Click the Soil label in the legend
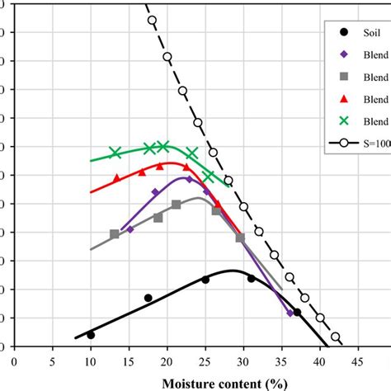point(370,33)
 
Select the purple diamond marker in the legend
point(343,54)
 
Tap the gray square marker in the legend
point(343,76)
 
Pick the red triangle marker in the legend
point(343,98)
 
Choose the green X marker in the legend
point(343,120)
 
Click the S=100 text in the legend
point(375,142)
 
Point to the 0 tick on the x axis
point(14,360)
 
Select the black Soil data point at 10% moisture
point(91,335)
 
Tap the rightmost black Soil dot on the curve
point(297,313)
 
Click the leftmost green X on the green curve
point(115,153)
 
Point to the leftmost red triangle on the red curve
point(116,177)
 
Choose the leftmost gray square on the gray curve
point(115,234)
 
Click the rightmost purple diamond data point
point(290,313)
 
